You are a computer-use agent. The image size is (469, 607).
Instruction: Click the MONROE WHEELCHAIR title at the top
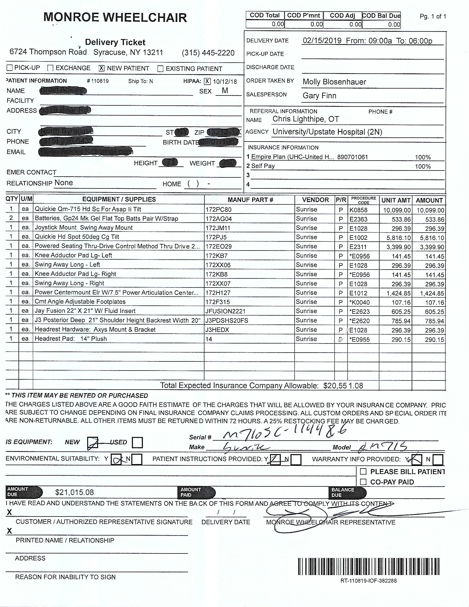coord(115,17)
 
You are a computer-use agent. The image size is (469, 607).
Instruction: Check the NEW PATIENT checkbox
coord(102,68)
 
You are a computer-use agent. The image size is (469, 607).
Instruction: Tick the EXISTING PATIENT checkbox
coord(160,69)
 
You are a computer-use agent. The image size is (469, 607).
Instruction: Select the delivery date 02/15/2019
coord(322,41)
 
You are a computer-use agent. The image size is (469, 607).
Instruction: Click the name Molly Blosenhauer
coord(334,82)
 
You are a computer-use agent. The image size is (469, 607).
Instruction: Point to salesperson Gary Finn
coord(319,96)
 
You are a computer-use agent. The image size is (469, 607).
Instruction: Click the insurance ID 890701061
coord(352,157)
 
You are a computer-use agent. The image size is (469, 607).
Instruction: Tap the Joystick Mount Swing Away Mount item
coord(84,228)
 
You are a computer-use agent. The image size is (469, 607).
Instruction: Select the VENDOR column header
coord(315,200)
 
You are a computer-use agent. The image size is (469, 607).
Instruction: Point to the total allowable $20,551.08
coord(343,385)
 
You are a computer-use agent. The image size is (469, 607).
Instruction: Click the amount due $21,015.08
coord(74,492)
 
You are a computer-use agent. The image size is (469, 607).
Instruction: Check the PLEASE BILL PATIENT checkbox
coord(363,471)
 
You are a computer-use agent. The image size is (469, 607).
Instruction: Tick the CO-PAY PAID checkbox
coord(363,482)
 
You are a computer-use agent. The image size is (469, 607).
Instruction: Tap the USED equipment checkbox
coord(138,443)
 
